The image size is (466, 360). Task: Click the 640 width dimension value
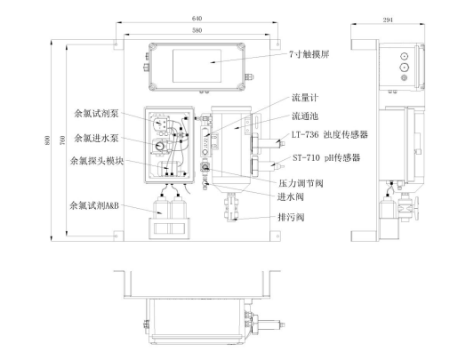(x=197, y=19)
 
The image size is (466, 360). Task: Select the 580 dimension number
(x=197, y=30)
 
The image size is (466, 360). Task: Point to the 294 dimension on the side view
(x=388, y=20)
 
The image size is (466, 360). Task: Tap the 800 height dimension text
(x=47, y=140)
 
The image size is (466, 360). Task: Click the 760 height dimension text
(x=63, y=140)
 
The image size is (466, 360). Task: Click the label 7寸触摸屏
(x=309, y=54)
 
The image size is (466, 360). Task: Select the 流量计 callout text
(x=305, y=98)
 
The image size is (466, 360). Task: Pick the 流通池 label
(x=305, y=116)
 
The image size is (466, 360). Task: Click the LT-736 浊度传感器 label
(x=330, y=134)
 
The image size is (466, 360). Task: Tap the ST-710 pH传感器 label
(x=326, y=157)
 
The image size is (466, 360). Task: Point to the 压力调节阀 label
(x=301, y=183)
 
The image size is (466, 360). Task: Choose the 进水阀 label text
(x=290, y=196)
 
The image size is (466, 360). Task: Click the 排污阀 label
(x=291, y=217)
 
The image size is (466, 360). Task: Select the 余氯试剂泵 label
(x=96, y=114)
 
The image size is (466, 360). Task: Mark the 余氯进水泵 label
(x=96, y=138)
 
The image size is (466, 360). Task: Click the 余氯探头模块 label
(x=97, y=161)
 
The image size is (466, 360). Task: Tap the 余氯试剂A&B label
(x=94, y=205)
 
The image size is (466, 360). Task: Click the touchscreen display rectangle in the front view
(x=197, y=66)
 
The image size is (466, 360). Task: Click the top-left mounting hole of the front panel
(x=116, y=44)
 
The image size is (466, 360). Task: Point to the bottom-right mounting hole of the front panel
(x=277, y=236)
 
